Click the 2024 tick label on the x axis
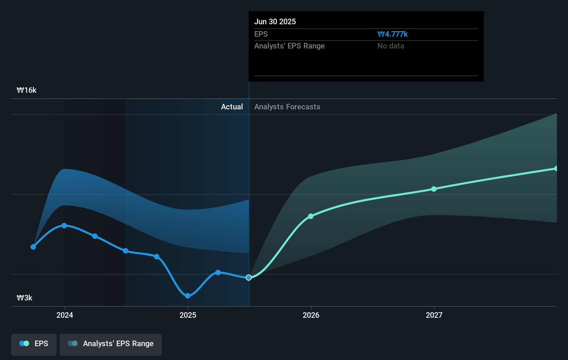[65, 315]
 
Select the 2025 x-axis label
[188, 315]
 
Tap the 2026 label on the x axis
[311, 315]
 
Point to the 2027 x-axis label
[434, 315]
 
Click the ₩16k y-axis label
[27, 90]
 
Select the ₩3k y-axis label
[25, 298]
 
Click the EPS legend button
[34, 344]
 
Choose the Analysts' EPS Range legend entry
[111, 344]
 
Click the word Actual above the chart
[232, 107]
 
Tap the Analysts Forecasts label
[287, 107]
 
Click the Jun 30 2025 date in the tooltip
[275, 22]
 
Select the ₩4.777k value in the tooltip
[393, 34]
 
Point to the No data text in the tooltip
[391, 46]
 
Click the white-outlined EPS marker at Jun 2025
[249, 278]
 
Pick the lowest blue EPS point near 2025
[187, 296]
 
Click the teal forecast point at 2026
[311, 216]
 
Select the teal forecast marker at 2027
[434, 189]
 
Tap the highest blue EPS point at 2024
[64, 226]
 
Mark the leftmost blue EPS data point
[33, 247]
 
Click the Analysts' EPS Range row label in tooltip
[289, 46]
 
